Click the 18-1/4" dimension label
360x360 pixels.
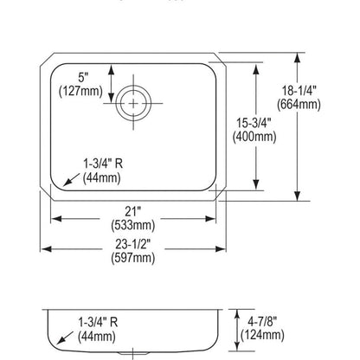click(x=299, y=91)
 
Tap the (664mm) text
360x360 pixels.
click(x=299, y=105)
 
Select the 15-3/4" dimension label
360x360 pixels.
click(x=254, y=124)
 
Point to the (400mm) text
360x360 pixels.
click(x=254, y=137)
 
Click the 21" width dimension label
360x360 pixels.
click(x=133, y=212)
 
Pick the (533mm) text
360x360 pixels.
click(x=133, y=225)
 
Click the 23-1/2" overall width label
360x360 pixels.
click(x=133, y=244)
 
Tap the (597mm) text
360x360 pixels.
click(x=133, y=258)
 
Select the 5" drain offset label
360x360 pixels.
click(x=83, y=77)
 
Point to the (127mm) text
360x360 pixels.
click(x=80, y=91)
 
